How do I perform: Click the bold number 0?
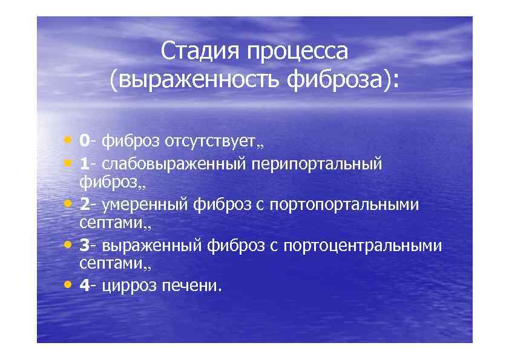point(84,141)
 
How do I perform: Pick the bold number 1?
point(84,163)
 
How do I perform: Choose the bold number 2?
point(84,205)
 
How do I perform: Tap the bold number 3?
point(84,246)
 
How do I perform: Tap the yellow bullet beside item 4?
point(68,283)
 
